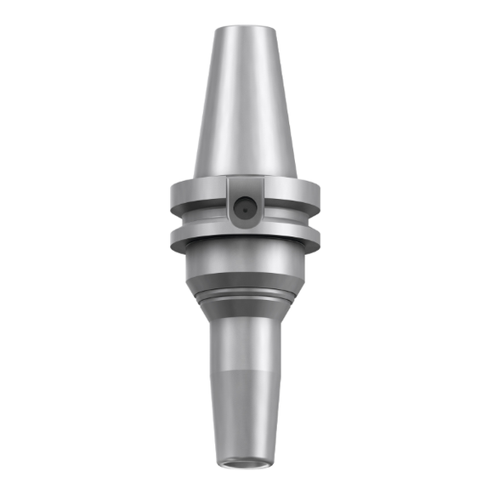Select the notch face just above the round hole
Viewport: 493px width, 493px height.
[245, 187]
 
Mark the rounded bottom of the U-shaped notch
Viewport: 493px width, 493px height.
[245, 222]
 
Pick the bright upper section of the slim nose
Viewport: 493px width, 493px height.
[245, 348]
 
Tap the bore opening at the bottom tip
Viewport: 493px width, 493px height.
[245, 462]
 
